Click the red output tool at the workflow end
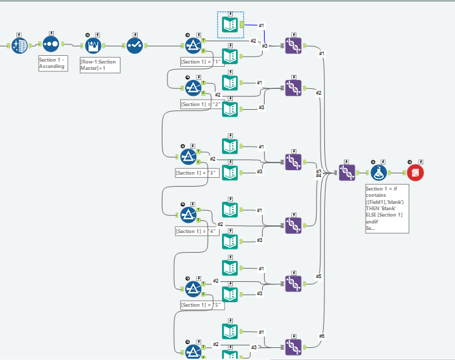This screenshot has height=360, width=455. [415, 173]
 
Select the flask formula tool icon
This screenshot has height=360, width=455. [379, 173]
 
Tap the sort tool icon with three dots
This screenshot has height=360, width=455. [51, 45]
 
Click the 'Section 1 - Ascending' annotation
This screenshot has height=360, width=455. [52, 63]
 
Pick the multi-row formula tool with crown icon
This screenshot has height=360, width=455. [93, 45]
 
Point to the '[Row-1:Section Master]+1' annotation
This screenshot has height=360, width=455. [100, 65]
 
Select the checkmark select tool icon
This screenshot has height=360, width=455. [135, 45]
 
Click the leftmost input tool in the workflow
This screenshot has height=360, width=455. [19, 45]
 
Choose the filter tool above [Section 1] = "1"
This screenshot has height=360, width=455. [193, 45]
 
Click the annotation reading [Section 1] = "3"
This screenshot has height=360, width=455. [197, 173]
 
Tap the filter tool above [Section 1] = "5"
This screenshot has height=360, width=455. [193, 289]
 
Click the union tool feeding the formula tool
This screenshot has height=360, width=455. [346, 173]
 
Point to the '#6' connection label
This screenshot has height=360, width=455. [321, 336]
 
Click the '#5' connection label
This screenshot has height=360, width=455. [319, 276]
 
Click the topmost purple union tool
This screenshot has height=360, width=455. [293, 45]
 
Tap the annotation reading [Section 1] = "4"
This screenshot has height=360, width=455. [197, 231]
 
